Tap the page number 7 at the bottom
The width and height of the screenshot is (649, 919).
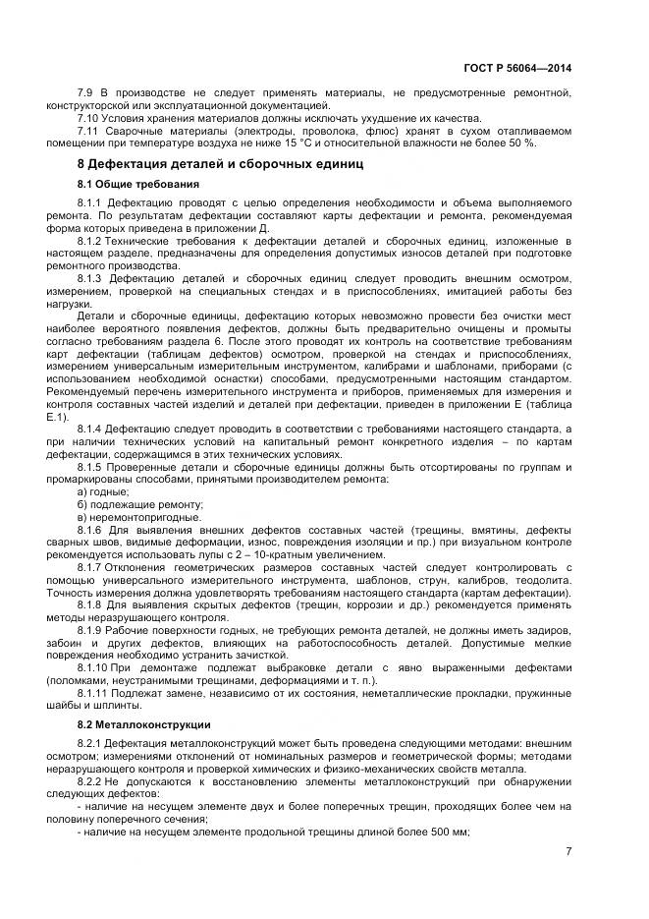[568, 851]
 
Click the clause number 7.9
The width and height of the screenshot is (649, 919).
[87, 93]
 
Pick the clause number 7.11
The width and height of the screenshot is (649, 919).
[90, 131]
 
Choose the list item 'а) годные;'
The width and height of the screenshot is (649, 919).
[103, 490]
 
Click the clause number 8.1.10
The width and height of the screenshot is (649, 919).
[93, 666]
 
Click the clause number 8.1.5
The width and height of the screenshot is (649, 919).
[91, 466]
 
